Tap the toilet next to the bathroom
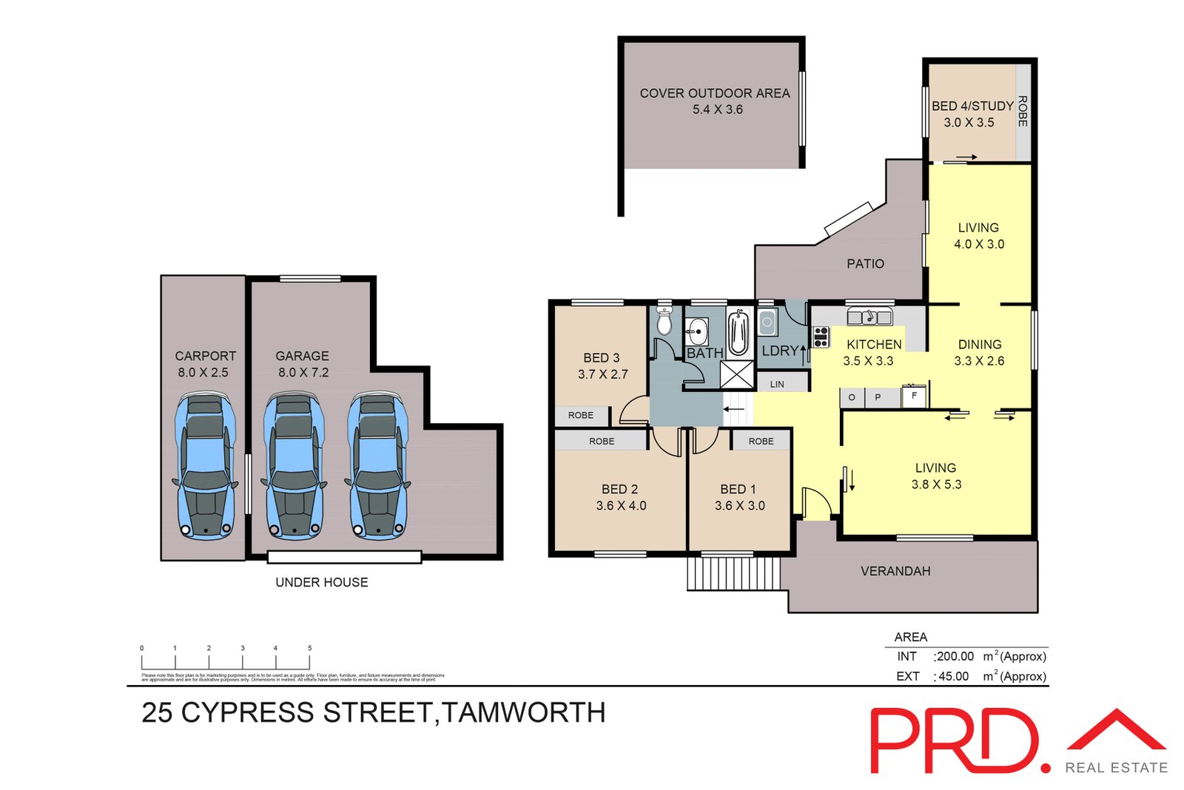click(x=664, y=322)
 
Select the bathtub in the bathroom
click(x=738, y=334)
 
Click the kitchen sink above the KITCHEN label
click(x=869, y=317)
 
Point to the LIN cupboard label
click(x=777, y=384)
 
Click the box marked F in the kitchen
click(x=914, y=396)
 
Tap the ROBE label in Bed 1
click(x=761, y=441)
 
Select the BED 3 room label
click(x=601, y=358)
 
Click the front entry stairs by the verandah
click(x=733, y=573)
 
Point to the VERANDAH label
click(x=895, y=571)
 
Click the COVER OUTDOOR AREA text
click(x=715, y=93)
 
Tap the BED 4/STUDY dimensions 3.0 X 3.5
click(x=969, y=123)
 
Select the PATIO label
click(x=865, y=263)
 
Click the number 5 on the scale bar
click(x=309, y=648)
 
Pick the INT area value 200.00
click(x=955, y=656)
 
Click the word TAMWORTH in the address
click(x=524, y=712)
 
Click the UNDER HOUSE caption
click(x=321, y=582)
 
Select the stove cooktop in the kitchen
click(x=821, y=337)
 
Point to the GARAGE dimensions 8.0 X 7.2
click(x=303, y=373)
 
